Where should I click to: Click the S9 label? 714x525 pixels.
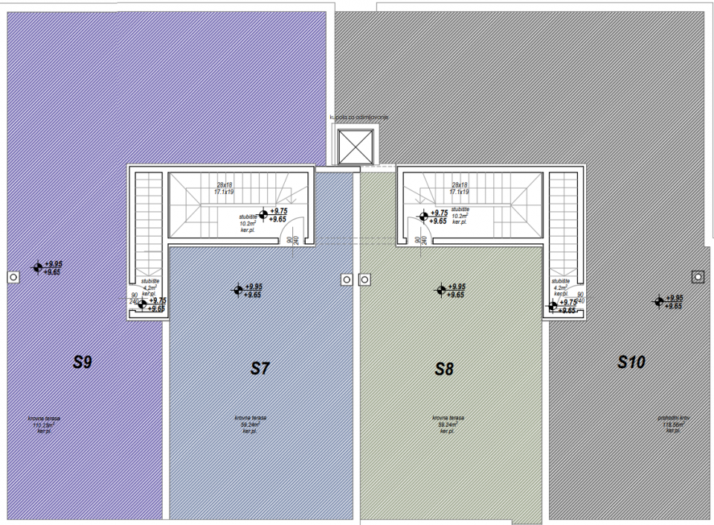click(82, 363)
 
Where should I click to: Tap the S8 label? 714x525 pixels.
click(443, 369)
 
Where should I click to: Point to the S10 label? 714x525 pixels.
click(631, 362)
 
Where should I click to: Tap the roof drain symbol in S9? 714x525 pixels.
click(13, 277)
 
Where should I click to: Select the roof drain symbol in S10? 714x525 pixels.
click(698, 277)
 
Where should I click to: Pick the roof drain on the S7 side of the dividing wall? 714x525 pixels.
click(346, 279)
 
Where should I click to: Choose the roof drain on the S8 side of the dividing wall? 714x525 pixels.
click(364, 279)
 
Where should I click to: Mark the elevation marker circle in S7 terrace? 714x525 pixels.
click(238, 290)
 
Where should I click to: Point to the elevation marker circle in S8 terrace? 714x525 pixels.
click(441, 290)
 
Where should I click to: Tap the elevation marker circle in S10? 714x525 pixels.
click(658, 301)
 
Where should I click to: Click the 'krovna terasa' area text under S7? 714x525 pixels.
click(250, 418)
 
